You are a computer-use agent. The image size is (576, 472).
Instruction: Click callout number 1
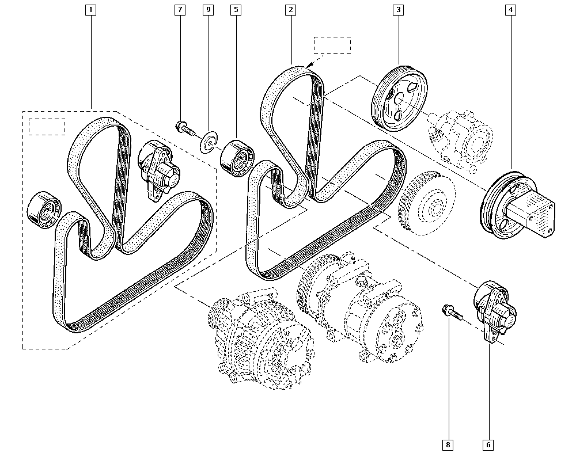[x=90, y=10]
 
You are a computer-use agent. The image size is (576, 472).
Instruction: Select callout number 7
[x=181, y=10]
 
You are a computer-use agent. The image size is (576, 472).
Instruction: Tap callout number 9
[x=209, y=10]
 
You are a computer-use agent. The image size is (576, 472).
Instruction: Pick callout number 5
[x=236, y=10]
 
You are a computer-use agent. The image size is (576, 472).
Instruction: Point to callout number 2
[x=291, y=10]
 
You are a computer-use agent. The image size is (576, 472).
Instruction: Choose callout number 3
[x=398, y=10]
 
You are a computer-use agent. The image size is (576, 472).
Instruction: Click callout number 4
[x=510, y=10]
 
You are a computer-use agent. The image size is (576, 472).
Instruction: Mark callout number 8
[x=448, y=444]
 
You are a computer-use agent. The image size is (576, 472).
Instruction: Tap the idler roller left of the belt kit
[x=44, y=208]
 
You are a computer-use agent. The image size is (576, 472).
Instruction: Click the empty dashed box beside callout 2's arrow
[x=332, y=45]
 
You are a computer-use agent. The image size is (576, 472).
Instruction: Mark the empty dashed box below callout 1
[x=47, y=127]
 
